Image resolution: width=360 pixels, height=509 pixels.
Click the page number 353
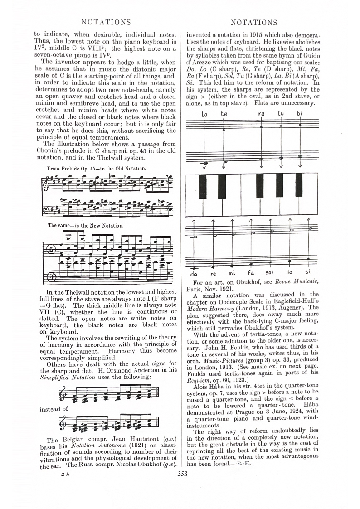point(182,474)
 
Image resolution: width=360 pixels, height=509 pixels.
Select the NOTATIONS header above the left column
point(105,22)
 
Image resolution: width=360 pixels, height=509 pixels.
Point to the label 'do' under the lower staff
point(194,274)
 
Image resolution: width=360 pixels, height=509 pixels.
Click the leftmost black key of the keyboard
point(203,185)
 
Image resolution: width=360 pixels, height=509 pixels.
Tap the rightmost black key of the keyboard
point(299,185)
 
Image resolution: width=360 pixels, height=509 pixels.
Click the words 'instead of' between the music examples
point(54,409)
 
